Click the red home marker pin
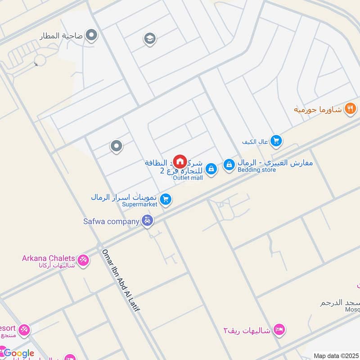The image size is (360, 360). (x=180, y=161)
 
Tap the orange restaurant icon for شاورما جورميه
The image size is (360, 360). (x=350, y=108)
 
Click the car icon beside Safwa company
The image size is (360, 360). (x=147, y=221)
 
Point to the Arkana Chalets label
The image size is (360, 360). (x=48, y=258)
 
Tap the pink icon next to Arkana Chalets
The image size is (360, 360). (x=83, y=260)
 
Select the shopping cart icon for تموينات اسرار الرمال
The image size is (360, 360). (x=166, y=198)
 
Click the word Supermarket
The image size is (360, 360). (x=140, y=204)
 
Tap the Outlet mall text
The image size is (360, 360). (x=188, y=178)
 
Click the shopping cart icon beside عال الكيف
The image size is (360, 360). (x=276, y=141)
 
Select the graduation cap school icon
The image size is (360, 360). (x=150, y=39)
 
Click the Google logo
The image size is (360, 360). (x=18, y=353)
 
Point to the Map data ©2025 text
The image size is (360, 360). (x=335, y=355)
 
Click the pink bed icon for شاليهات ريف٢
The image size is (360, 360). (x=279, y=330)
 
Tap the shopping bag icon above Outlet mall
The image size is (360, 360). (x=211, y=169)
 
